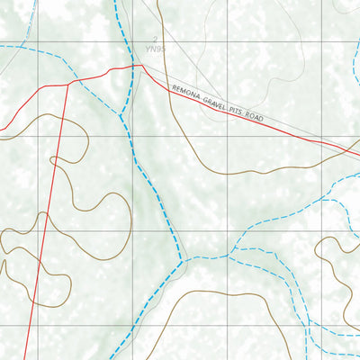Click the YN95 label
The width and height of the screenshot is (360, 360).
click(x=159, y=49)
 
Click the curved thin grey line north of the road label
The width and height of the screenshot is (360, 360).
click(x=216, y=36)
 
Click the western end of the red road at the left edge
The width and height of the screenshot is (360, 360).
click(x=2, y=131)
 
